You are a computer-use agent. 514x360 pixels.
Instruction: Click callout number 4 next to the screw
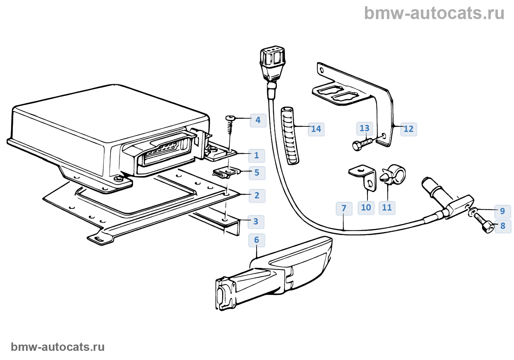point(258,120)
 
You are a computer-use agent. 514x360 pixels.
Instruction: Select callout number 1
point(257,155)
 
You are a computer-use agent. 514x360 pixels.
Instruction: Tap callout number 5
point(257,173)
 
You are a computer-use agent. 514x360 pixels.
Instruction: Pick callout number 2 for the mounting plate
point(257,195)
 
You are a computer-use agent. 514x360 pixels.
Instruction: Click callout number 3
point(256,222)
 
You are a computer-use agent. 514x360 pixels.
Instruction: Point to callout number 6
point(256,240)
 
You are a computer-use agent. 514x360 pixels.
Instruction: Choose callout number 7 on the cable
point(344,209)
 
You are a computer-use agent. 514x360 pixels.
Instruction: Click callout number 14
point(316,129)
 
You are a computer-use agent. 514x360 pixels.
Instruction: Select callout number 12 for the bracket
point(408,129)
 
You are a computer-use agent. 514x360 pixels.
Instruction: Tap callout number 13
point(364,128)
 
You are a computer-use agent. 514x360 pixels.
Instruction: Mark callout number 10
point(366,208)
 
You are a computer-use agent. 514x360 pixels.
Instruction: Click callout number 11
point(387,208)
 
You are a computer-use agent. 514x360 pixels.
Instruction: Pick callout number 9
point(502,211)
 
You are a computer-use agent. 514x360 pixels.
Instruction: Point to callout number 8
point(503,226)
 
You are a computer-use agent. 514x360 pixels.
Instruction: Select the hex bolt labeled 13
point(362,144)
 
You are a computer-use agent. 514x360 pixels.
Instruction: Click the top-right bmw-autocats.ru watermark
point(434,13)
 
